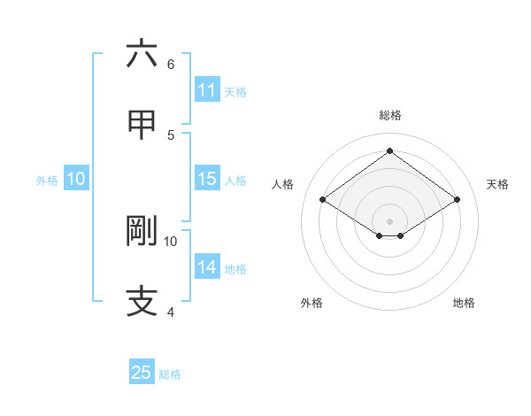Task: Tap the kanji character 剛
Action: [x=142, y=231]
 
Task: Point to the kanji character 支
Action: [x=142, y=301]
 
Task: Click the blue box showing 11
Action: [x=206, y=90]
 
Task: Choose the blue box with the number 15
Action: [x=206, y=179]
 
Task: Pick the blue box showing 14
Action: [x=206, y=267]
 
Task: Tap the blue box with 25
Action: [x=141, y=373]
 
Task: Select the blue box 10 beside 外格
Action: [x=75, y=179]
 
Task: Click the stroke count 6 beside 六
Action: [x=171, y=65]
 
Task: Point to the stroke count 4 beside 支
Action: [x=171, y=312]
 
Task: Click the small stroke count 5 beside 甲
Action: [x=171, y=135]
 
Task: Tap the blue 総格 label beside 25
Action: [x=170, y=374]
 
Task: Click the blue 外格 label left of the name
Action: [x=47, y=181]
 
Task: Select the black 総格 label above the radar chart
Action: [x=389, y=115]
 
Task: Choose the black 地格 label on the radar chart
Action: [x=464, y=303]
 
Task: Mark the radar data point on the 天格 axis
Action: [x=457, y=200]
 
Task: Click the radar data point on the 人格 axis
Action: [x=323, y=200]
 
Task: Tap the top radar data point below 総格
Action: [x=389, y=150]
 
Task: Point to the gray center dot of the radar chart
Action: [x=389, y=220]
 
